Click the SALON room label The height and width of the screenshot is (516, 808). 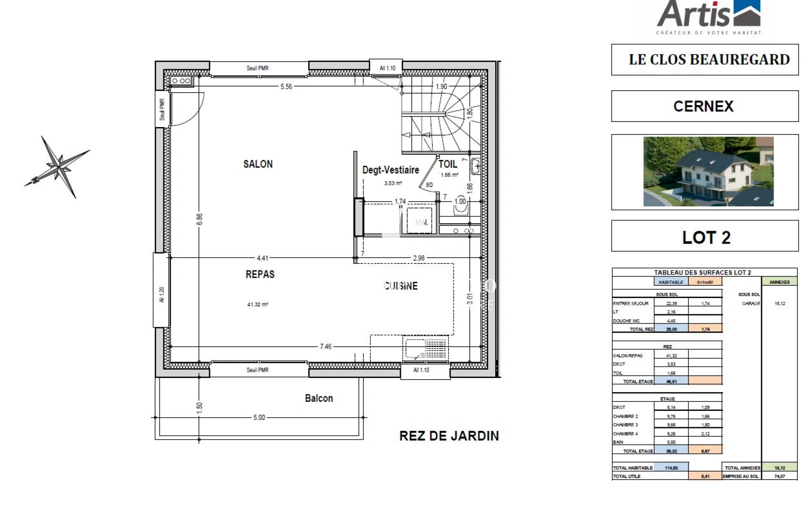[x=258, y=164]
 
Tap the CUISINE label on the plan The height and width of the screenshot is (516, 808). [x=401, y=286]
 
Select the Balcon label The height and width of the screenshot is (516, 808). [x=319, y=398]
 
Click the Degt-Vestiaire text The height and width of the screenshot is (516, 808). [x=390, y=170]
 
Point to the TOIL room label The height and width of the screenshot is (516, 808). [x=448, y=164]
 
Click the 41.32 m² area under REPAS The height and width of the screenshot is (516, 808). [x=258, y=304]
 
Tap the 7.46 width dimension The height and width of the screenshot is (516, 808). [x=325, y=346]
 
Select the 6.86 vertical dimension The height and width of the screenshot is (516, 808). [x=200, y=219]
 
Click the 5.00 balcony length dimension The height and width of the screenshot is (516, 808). [x=259, y=417]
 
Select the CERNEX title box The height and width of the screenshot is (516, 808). [x=704, y=106]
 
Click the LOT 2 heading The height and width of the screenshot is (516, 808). [x=705, y=237]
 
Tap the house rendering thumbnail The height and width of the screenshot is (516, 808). [x=708, y=172]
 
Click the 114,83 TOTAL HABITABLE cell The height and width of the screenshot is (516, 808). [x=671, y=468]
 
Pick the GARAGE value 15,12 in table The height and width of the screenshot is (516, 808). [x=779, y=303]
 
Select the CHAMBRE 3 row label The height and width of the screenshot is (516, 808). [x=625, y=425]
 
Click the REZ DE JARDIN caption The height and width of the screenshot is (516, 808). [x=449, y=436]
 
